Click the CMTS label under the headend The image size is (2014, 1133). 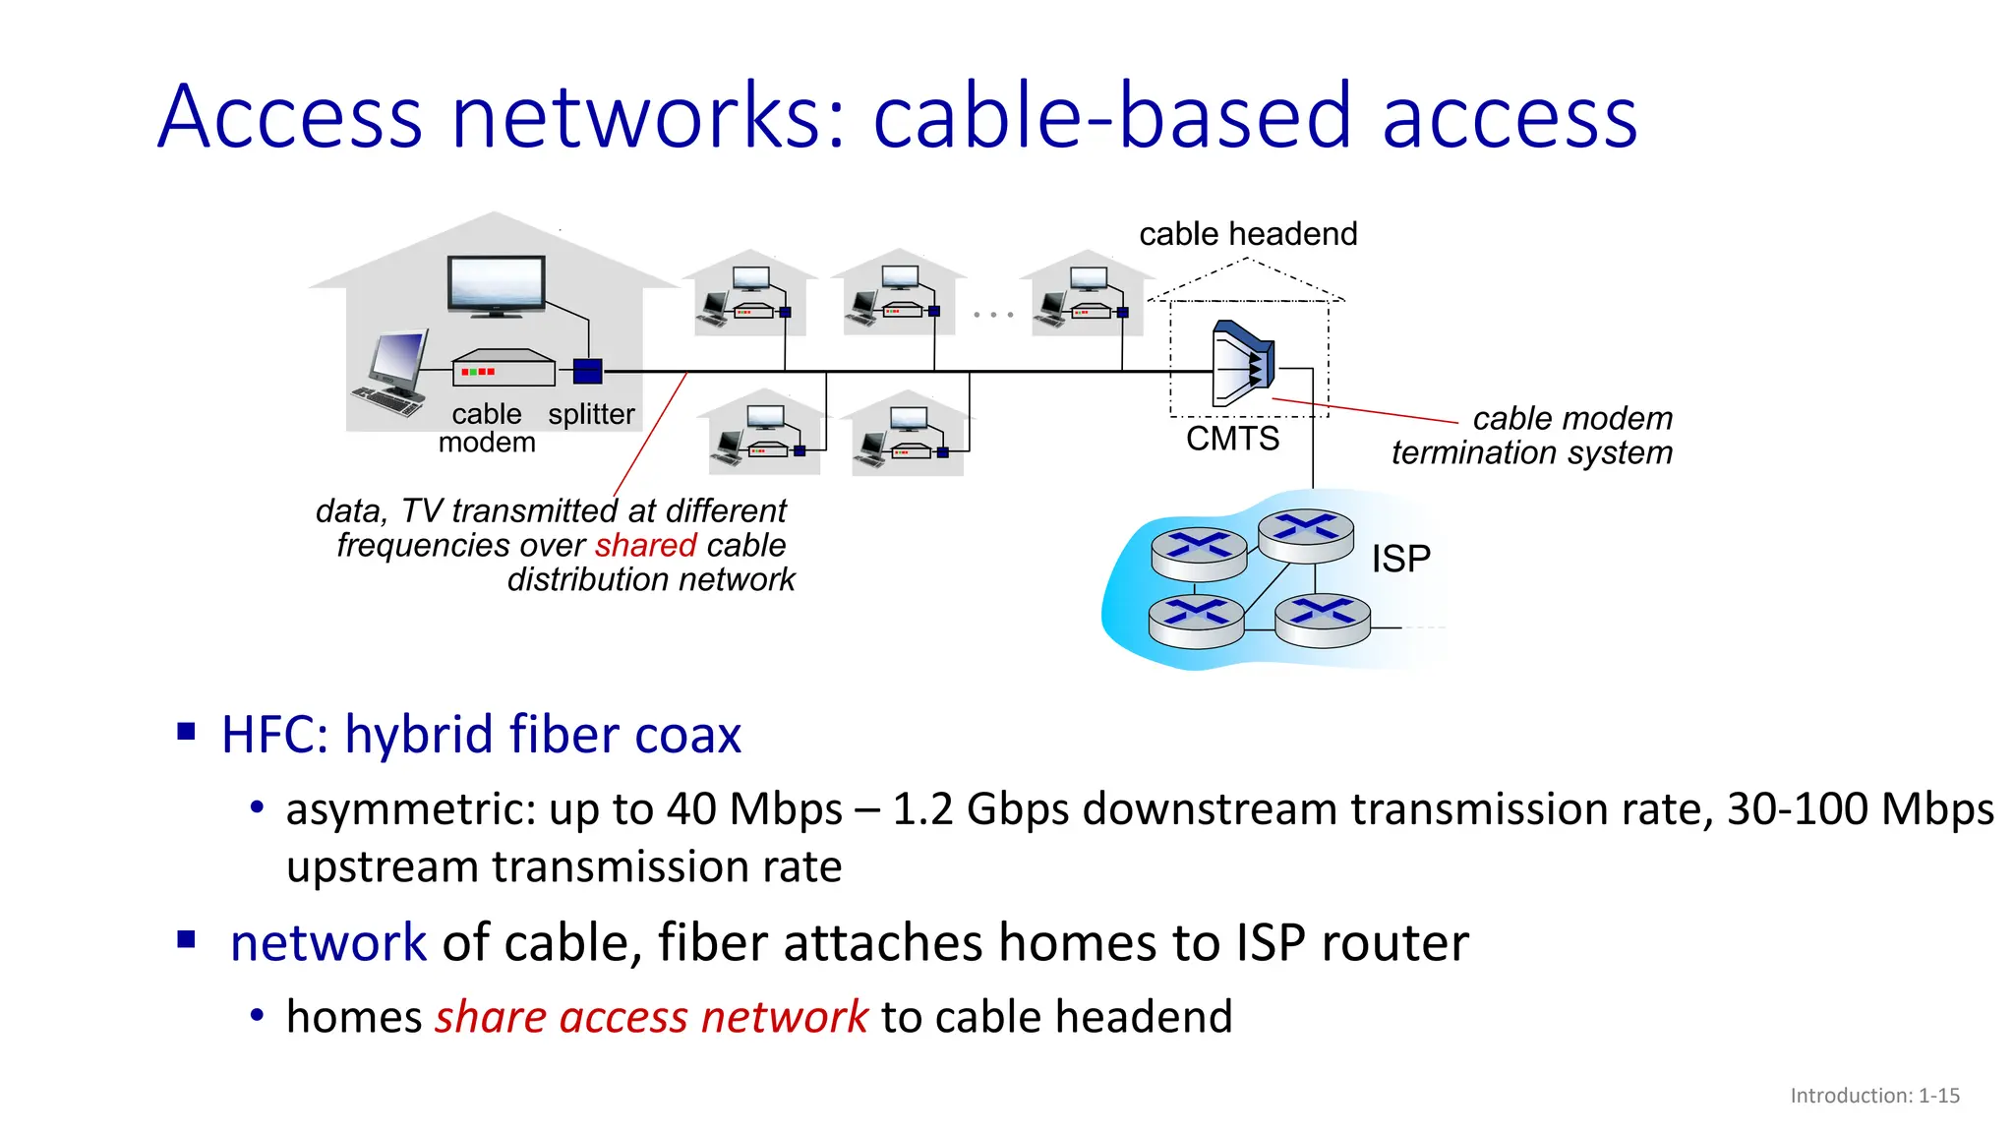(1232, 439)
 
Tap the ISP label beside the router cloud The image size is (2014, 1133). (1400, 559)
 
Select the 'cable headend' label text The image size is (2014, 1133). (1248, 234)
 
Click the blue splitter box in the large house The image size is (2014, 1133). (587, 372)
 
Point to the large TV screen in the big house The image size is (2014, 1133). (497, 285)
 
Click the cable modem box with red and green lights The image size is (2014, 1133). (503, 370)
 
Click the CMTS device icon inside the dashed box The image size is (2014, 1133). (1243, 364)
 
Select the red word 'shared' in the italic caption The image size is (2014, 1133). (645, 545)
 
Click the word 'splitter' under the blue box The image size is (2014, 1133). (591, 414)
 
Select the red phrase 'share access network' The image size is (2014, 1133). (651, 1016)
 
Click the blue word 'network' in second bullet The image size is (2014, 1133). (328, 942)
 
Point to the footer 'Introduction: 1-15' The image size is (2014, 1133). (1874, 1096)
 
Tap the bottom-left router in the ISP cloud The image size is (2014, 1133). (1196, 621)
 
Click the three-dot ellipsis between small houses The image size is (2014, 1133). (992, 315)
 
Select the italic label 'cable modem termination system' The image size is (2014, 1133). (1532, 435)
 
